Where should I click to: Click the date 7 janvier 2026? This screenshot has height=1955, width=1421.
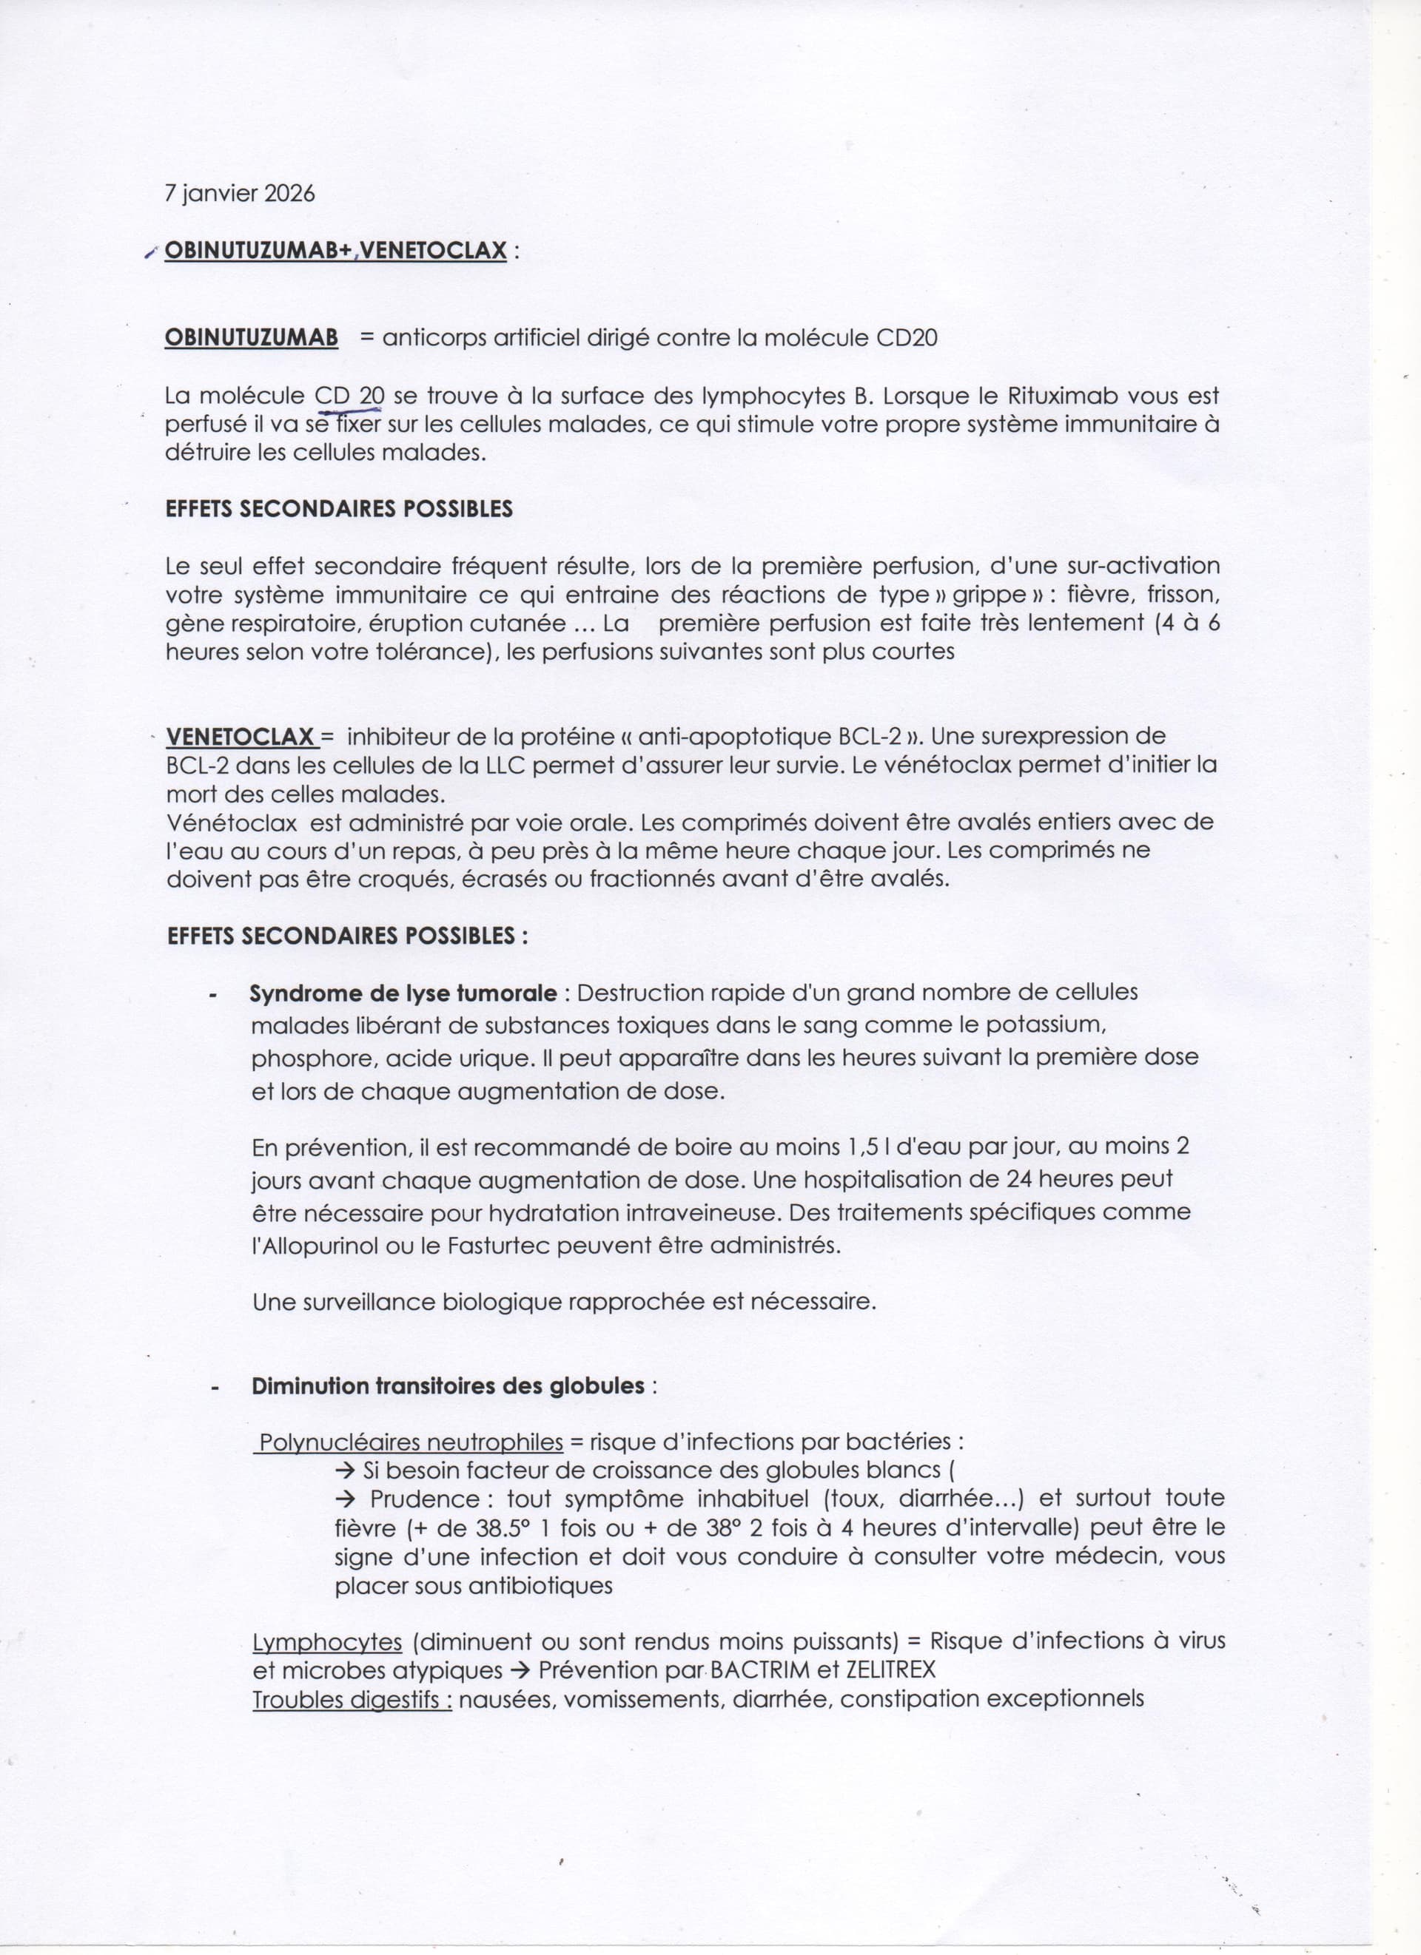240,194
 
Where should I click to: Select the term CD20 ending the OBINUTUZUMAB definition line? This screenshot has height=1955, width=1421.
906,338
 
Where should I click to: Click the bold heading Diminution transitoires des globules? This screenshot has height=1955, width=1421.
448,1387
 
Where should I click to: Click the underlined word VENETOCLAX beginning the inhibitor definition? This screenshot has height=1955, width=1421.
241,737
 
